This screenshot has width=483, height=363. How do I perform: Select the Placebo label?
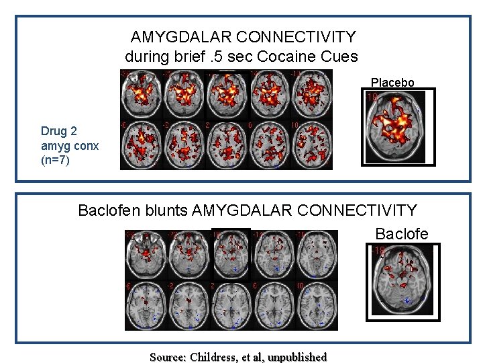click(392, 83)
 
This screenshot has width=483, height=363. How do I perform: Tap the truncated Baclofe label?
click(401, 234)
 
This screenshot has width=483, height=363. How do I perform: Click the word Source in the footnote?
click(168, 357)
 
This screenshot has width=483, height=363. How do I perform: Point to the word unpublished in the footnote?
click(297, 357)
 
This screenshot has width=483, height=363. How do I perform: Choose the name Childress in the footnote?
click(214, 357)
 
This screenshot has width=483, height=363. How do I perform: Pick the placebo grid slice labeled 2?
click(226, 145)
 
